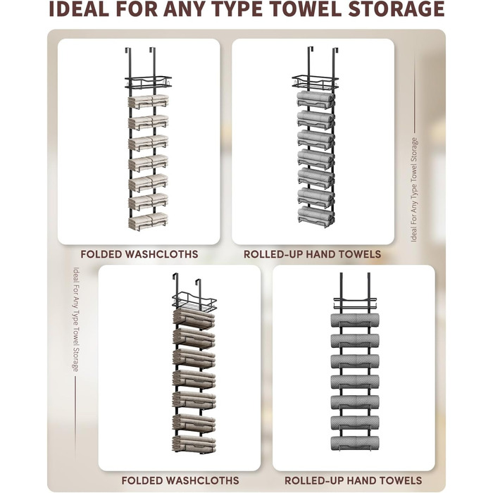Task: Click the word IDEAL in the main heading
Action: coord(79,8)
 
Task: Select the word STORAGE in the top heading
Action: coord(396,8)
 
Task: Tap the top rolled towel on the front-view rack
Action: coord(355,320)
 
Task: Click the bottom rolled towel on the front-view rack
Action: coord(355,443)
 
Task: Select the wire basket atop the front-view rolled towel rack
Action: coord(355,303)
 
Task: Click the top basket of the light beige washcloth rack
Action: coord(148,82)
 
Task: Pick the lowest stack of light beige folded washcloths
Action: coord(148,221)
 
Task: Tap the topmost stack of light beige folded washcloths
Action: coord(148,101)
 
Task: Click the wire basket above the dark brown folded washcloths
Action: coord(194,302)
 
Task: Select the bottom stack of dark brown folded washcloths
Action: coord(194,444)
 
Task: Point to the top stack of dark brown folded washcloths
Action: coord(194,318)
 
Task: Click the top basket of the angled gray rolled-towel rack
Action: coord(315,82)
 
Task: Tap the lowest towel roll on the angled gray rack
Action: coord(316,215)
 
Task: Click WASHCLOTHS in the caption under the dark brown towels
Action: coord(202,480)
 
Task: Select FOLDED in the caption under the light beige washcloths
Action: coord(101,254)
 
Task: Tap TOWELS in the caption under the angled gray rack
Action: coord(400,480)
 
